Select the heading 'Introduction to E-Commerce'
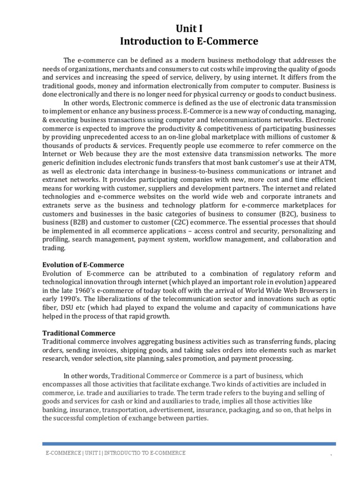pyautogui.click(x=189, y=42)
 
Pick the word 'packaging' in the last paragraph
pyautogui.click(x=253, y=410)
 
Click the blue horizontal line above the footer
pyautogui.click(x=189, y=443)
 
